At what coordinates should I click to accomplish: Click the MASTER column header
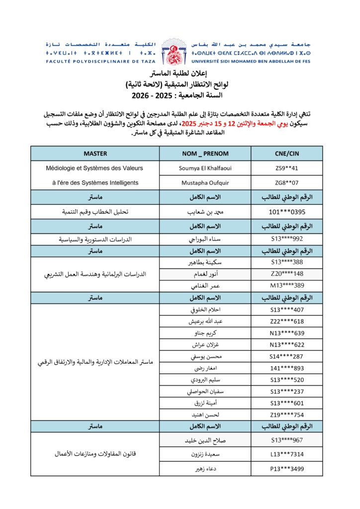point(95,154)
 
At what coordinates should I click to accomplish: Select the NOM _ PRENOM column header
point(205,154)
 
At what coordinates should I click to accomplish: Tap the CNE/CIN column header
point(286,154)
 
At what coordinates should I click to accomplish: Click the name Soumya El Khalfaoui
point(205,168)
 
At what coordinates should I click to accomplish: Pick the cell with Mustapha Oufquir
point(205,182)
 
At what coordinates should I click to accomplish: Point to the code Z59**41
point(286,168)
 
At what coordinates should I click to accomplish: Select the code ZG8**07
point(286,182)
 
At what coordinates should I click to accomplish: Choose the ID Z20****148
point(286,273)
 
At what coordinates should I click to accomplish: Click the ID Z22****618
point(286,322)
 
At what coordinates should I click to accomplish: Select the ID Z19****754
point(286,414)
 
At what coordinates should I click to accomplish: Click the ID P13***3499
point(286,468)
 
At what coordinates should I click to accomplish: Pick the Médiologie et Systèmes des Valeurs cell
point(95,168)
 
